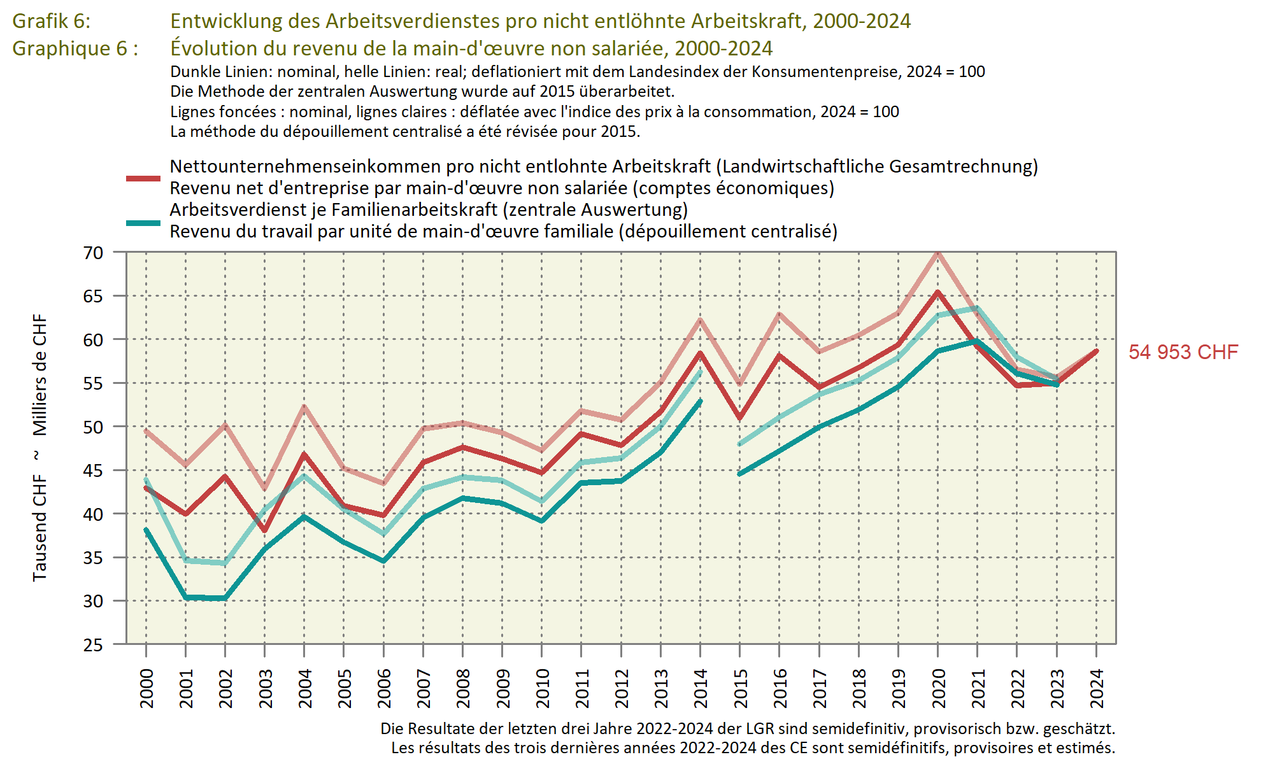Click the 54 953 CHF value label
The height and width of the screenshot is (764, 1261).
click(x=1183, y=352)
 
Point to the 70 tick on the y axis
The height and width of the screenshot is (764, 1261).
click(x=93, y=253)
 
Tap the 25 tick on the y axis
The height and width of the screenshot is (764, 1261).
click(x=93, y=645)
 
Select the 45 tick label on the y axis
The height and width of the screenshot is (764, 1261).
click(x=93, y=470)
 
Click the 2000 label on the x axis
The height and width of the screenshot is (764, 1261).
click(x=146, y=688)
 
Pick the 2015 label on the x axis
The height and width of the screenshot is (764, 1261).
click(x=740, y=688)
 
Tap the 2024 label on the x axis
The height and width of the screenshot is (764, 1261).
click(x=1097, y=688)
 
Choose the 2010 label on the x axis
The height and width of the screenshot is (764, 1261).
click(x=542, y=688)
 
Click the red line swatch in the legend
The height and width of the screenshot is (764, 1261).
click(x=143, y=178)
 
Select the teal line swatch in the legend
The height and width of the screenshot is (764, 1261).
click(x=143, y=223)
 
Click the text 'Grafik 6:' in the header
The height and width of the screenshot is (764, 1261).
click(x=52, y=21)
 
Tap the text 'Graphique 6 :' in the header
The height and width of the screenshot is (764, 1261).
click(x=75, y=48)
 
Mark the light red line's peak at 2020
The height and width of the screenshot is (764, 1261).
click(x=937, y=253)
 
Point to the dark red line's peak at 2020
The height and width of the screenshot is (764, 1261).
click(x=937, y=292)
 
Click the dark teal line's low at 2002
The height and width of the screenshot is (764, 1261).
click(x=225, y=598)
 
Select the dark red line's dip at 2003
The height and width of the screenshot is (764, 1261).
click(x=265, y=530)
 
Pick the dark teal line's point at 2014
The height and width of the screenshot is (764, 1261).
click(x=701, y=401)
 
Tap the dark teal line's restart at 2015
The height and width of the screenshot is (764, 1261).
click(x=740, y=474)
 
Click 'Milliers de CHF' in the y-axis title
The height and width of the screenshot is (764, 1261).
click(x=40, y=375)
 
